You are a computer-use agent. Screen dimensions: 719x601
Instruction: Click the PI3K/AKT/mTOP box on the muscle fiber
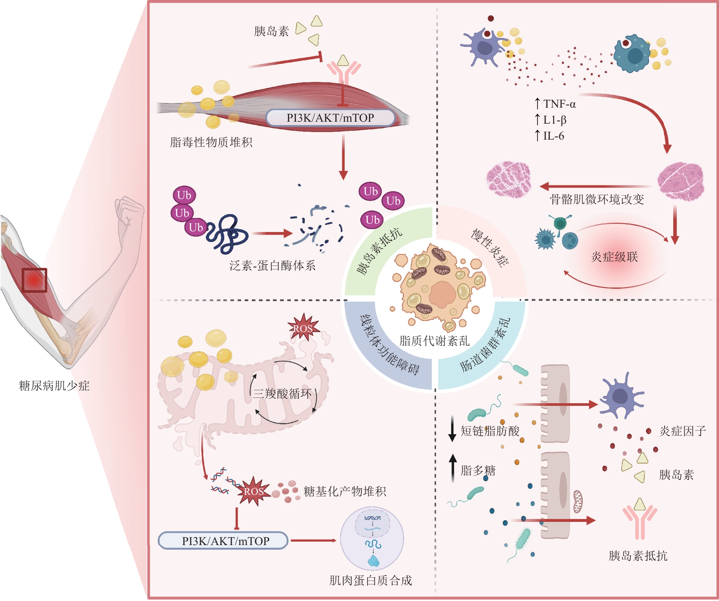(330, 118)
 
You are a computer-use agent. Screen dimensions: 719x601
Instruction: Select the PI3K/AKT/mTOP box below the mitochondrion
(223, 541)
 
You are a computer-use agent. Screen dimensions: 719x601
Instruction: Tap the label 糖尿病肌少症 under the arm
(54, 386)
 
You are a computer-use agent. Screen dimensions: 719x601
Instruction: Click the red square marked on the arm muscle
(34, 280)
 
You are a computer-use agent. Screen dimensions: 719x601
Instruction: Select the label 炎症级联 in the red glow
(614, 257)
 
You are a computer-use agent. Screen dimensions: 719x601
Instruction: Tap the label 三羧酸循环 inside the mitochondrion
(282, 393)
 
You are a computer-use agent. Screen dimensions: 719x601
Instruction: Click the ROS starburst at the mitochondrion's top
(303, 328)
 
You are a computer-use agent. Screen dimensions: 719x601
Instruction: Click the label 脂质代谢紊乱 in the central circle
(434, 340)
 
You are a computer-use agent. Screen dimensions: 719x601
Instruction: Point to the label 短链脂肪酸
(490, 431)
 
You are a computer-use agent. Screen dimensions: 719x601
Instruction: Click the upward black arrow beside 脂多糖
(453, 468)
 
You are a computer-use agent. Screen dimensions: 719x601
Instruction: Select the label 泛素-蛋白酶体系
(272, 265)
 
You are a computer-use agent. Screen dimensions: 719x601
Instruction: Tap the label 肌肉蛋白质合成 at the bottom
(371, 580)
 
